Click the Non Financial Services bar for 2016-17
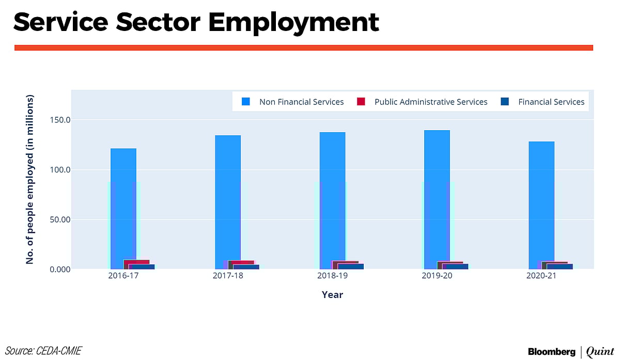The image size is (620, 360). pyautogui.click(x=123, y=207)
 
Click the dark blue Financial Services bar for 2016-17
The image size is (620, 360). pyautogui.click(x=142, y=267)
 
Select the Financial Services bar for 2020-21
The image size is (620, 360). pyautogui.click(x=560, y=267)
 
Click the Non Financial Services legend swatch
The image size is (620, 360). pyautogui.click(x=246, y=102)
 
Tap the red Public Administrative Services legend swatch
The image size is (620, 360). pyautogui.click(x=361, y=102)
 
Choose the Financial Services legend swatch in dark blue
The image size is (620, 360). pyautogui.click(x=505, y=102)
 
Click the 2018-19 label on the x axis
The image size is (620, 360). pyautogui.click(x=332, y=276)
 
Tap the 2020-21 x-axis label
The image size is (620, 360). pyautogui.click(x=541, y=276)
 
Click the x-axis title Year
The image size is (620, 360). pyautogui.click(x=332, y=295)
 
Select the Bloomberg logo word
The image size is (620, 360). pyautogui.click(x=551, y=352)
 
